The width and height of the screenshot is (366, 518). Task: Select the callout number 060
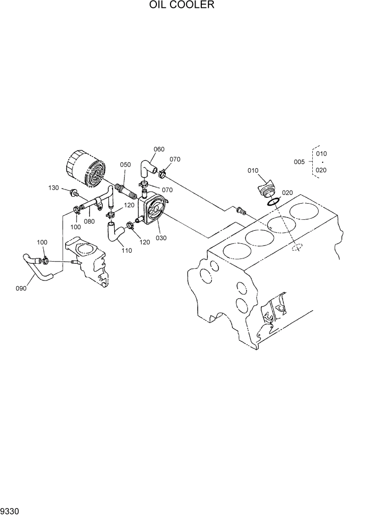158,149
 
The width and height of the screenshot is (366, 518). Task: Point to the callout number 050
125,164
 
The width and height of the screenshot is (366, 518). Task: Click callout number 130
54,187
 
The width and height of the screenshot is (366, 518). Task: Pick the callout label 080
89,221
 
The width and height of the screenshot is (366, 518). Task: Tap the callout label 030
161,238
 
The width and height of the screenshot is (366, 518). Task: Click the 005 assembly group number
299,162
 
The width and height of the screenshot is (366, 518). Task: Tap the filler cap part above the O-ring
266,189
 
